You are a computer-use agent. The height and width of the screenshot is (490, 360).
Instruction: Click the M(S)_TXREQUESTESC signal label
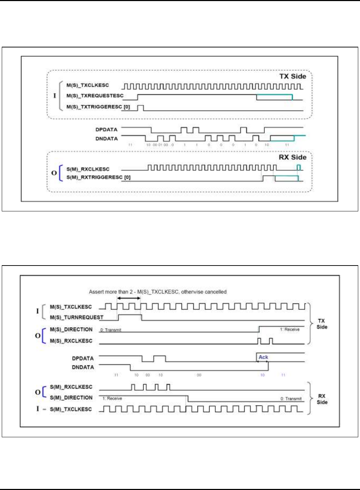coord(95,96)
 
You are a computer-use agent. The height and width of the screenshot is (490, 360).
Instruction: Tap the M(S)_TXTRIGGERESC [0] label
coord(98,107)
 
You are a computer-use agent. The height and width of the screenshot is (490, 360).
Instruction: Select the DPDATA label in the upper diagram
coord(106,130)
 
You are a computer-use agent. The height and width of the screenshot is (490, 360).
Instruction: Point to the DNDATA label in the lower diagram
coord(83,367)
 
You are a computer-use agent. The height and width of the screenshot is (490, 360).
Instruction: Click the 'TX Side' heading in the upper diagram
coord(293,76)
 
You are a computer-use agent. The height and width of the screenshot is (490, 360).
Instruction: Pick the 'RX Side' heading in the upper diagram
coord(292,157)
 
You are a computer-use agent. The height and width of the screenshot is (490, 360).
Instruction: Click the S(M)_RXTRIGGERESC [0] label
coord(98,177)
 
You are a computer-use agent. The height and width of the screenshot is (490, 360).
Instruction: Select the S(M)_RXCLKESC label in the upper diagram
coord(88,169)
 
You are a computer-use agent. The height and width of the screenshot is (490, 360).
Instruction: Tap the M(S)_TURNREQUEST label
coord(76,317)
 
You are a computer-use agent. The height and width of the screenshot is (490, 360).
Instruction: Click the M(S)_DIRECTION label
coord(71,329)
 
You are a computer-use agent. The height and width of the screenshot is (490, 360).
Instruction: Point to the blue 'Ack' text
coord(263,357)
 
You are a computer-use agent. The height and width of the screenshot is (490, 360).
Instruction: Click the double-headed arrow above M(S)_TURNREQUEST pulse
coord(129,298)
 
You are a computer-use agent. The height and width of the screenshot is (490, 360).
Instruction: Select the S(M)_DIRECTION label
coord(71,398)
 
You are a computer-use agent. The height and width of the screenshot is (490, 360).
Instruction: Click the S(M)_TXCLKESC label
coord(71,409)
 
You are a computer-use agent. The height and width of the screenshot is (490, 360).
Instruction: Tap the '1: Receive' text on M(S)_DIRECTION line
coord(290,330)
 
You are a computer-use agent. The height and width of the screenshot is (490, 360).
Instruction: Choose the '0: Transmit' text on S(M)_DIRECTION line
coord(291,399)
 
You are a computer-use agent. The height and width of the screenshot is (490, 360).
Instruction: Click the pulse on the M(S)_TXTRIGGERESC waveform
coord(140,108)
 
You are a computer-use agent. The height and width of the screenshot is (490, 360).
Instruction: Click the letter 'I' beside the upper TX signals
coord(55,96)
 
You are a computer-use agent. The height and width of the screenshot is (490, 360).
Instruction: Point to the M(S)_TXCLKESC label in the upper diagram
coord(87,85)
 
